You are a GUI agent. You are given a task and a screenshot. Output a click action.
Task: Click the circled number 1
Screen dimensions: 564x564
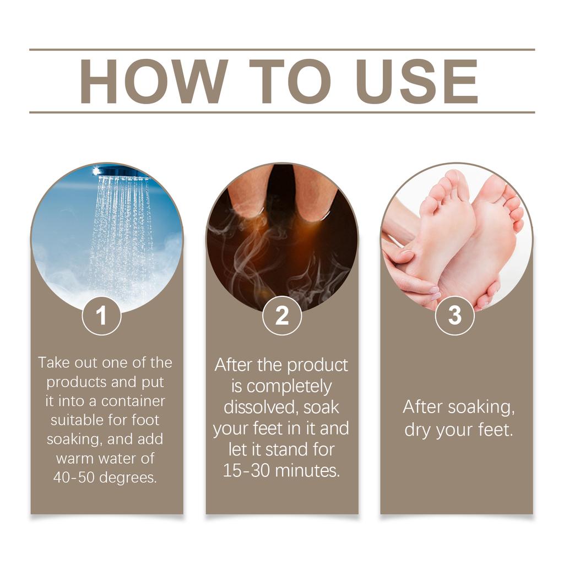click(x=101, y=316)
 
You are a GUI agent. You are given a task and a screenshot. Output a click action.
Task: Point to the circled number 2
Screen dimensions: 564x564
click(x=282, y=316)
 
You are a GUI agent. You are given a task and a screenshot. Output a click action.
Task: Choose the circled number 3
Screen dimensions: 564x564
click(x=455, y=316)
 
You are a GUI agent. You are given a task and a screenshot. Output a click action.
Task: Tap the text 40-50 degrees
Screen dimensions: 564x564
click(x=105, y=478)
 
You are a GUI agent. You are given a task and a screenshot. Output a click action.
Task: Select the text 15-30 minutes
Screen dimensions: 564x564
click(x=281, y=471)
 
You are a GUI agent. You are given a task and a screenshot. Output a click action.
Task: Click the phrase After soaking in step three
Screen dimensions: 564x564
click(x=458, y=407)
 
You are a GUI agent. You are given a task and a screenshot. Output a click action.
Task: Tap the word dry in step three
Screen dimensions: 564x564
click(x=417, y=430)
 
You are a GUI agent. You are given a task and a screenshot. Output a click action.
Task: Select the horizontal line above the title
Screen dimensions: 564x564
click(x=282, y=50)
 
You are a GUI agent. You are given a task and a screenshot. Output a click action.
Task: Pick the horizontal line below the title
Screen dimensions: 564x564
click(x=282, y=112)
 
